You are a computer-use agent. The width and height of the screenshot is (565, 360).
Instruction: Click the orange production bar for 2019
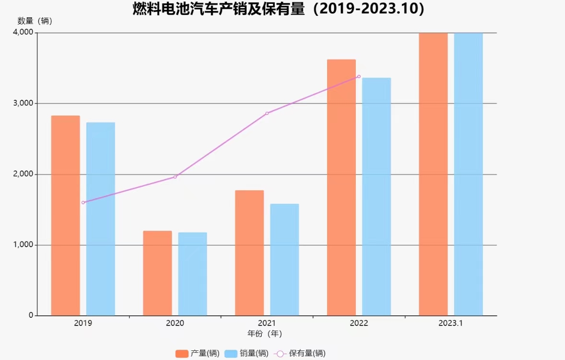point(65,216)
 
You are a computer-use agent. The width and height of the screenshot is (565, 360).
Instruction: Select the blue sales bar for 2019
point(101,219)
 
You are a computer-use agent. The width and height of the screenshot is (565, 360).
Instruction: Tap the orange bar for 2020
point(157,273)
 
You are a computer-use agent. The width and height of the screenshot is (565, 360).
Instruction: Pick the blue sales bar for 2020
point(192,274)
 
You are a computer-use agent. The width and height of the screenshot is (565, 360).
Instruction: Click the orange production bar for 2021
point(249,253)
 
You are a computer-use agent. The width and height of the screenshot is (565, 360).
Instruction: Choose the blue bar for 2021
point(284,260)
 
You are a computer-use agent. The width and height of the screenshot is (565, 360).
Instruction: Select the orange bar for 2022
point(341,187)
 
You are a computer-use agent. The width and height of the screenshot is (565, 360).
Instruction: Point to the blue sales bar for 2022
point(377,197)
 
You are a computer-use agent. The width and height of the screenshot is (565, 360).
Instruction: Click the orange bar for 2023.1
point(433,174)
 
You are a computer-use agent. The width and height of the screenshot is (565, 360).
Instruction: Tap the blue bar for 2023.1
point(469,174)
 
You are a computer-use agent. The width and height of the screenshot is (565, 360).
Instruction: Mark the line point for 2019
point(83,203)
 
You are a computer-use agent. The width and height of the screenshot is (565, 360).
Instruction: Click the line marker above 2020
point(175,177)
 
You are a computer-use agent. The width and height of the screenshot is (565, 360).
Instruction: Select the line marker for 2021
point(267,113)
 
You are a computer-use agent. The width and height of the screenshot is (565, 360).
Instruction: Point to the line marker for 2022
point(359,76)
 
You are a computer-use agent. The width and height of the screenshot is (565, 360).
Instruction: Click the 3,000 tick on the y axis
point(24,103)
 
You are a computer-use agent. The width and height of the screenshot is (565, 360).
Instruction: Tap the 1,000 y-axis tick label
point(24,245)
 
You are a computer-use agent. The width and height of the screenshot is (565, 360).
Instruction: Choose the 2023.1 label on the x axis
point(450,324)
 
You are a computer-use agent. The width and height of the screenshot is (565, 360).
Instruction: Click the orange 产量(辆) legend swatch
point(182,354)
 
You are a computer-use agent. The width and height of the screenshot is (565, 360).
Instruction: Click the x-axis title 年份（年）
point(264,333)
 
